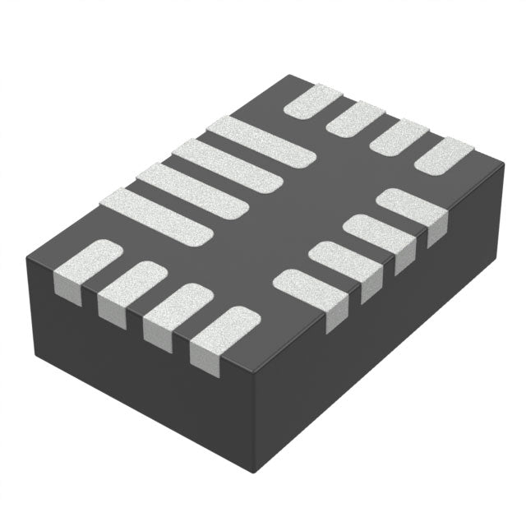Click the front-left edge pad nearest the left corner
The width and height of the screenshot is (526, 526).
[x=87, y=267]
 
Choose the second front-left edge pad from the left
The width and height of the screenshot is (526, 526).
[x=131, y=288]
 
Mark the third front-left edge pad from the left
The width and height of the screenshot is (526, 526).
[x=178, y=310]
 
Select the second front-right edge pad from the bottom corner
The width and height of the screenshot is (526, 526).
[x=345, y=263]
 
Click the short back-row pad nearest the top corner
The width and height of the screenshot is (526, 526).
[x=312, y=102]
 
